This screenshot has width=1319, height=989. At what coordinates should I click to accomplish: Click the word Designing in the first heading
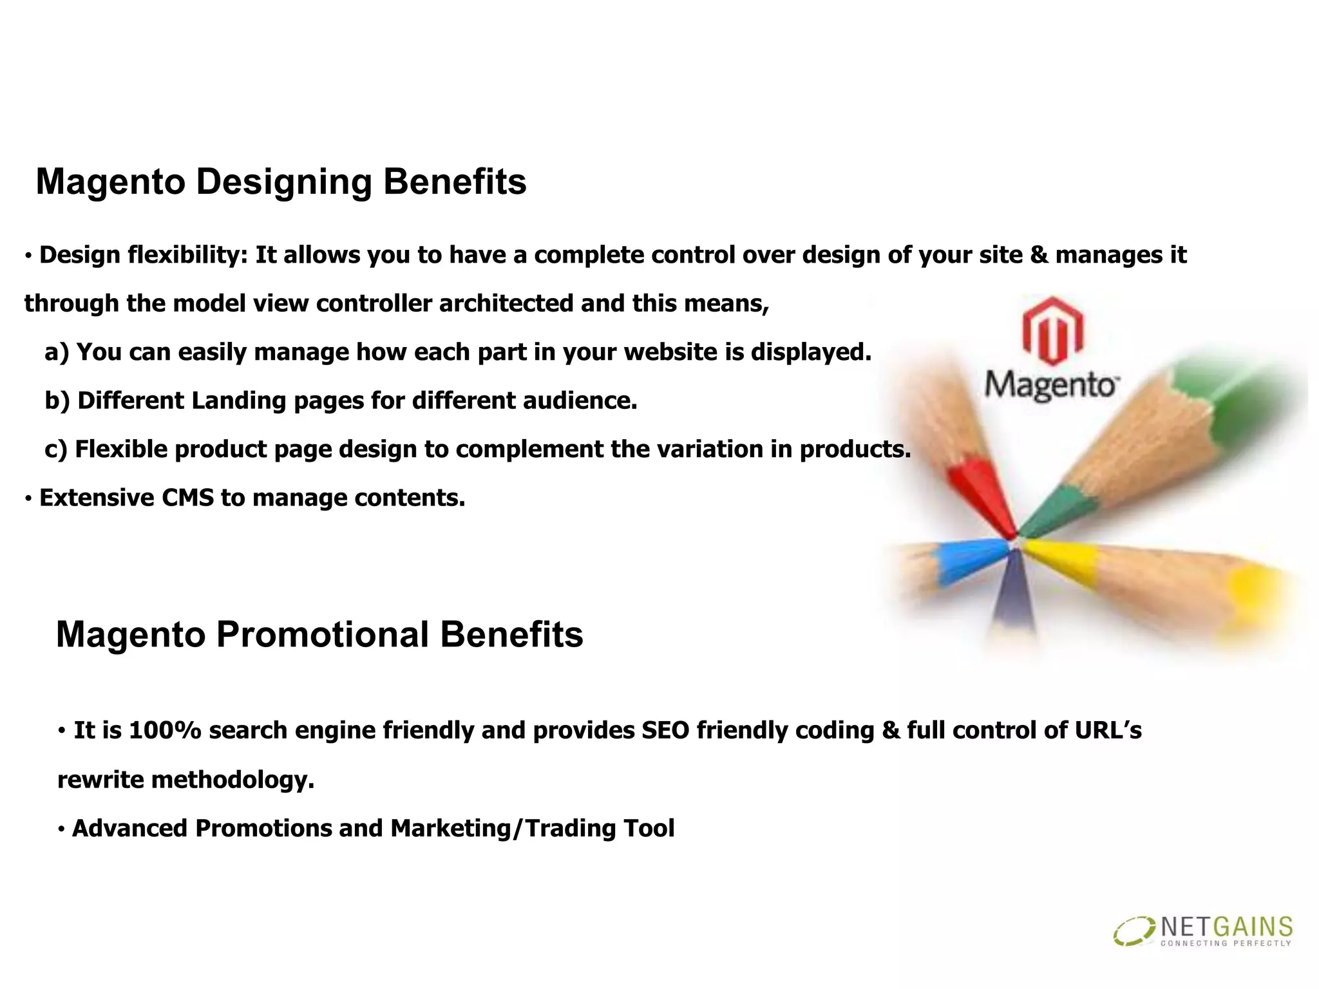[x=283, y=182]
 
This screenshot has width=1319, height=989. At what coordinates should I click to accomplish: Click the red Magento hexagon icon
[x=1052, y=330]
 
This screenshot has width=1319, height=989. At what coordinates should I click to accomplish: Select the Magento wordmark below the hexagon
[x=1051, y=385]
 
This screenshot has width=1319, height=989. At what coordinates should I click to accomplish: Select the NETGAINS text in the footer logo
[x=1226, y=927]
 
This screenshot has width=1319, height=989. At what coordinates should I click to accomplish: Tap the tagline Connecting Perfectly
[x=1225, y=944]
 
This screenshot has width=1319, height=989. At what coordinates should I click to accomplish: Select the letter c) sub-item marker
[x=56, y=449]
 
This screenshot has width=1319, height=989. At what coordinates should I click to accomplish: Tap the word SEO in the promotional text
[x=665, y=731]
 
